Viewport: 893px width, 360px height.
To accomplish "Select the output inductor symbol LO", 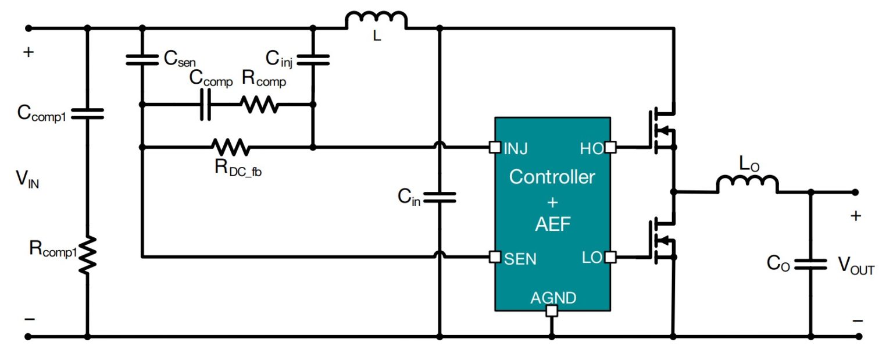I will pos(746,184).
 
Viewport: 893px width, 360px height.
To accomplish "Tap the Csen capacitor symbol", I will pos(141,59).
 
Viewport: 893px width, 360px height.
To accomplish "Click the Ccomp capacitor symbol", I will pos(205,105).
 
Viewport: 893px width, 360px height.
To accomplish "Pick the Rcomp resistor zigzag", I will pos(259,105).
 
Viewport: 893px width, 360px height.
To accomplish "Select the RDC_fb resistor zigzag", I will pos(231,147).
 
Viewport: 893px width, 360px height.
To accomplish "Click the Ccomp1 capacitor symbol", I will pos(87,114).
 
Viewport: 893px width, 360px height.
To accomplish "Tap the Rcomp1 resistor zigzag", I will pos(87,255).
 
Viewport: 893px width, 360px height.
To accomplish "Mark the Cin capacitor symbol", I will pos(440,198).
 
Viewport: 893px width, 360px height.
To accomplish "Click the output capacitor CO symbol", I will pos(810,265).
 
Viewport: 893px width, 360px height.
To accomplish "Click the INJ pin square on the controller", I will pos(494,147).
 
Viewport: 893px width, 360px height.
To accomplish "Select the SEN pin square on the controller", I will pos(494,256).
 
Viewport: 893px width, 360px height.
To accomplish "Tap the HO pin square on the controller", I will pos(610,147).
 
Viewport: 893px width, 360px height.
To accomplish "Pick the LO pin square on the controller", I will pos(610,256).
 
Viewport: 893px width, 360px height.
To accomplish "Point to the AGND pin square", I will pos(552,311).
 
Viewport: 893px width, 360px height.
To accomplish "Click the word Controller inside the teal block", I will pos(552,177).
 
